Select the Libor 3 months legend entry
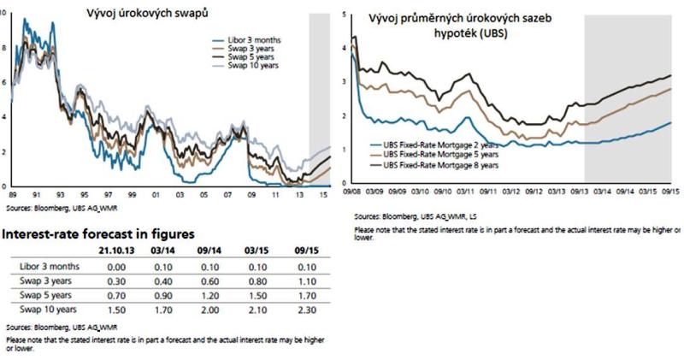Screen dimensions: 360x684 point(256,40)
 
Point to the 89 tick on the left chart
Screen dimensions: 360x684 point(11,194)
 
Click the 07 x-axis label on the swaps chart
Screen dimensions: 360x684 point(225,194)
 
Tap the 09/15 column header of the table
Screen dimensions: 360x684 point(306,251)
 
